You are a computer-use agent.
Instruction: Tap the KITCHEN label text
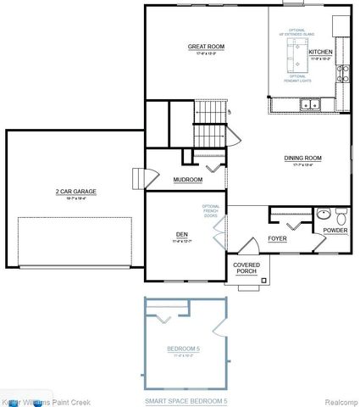pyautogui.click(x=320, y=52)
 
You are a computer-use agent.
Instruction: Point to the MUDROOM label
pyautogui.click(x=186, y=180)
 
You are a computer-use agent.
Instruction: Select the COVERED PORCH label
pyautogui.click(x=246, y=268)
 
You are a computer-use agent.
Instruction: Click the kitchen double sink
pyautogui.click(x=308, y=105)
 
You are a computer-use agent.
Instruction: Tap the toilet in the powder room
pyautogui.click(x=340, y=215)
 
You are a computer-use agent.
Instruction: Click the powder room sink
pyautogui.click(x=324, y=215)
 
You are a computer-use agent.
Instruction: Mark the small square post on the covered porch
pyautogui.click(x=264, y=279)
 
